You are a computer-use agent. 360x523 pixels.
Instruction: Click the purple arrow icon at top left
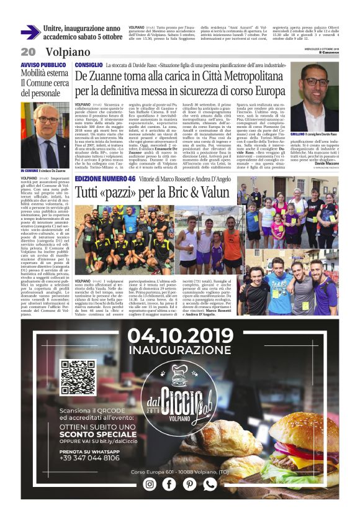[x=30, y=32]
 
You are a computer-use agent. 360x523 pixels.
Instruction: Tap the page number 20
[x=28, y=52]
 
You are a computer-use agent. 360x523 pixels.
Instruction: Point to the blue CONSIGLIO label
[x=88, y=65]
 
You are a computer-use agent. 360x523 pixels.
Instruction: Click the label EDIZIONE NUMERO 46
[x=106, y=178]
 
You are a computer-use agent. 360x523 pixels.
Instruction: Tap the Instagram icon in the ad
[x=150, y=484]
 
